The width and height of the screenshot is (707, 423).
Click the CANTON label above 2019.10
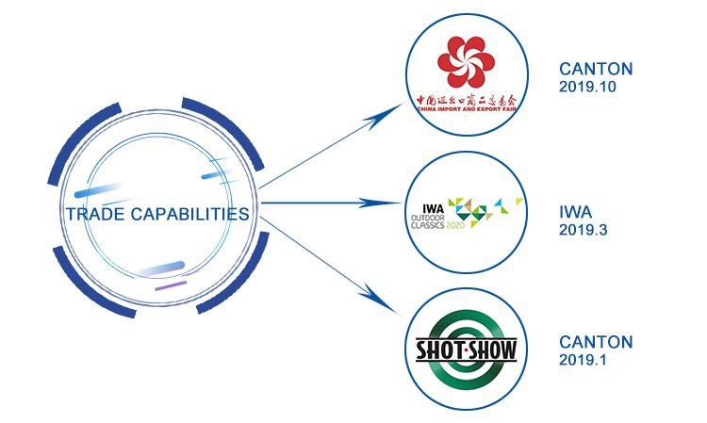coord(595,70)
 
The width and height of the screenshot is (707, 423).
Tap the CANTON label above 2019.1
coord(595,341)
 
